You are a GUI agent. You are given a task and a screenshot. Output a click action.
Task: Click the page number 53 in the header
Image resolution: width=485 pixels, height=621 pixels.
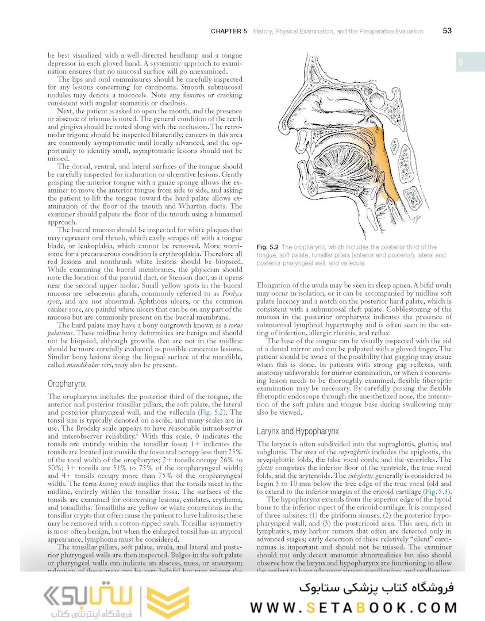(x=447, y=31)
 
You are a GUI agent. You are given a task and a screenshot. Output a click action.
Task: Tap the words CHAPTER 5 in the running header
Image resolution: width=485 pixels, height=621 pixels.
(x=229, y=31)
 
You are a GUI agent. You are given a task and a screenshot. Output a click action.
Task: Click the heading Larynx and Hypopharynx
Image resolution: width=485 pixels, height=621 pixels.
(x=298, y=431)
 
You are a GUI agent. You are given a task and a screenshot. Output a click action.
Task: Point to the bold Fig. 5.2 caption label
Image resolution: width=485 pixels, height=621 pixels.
(x=268, y=247)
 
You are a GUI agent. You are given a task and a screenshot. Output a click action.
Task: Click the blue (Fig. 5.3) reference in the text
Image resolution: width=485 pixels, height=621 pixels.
(x=437, y=492)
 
